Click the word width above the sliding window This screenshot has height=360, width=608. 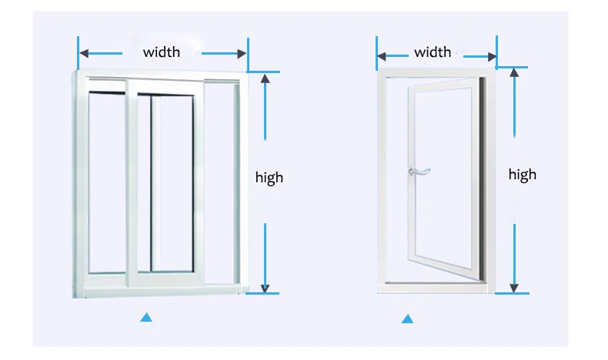162,52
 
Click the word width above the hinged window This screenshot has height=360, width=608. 433,52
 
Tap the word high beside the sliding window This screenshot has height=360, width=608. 269,178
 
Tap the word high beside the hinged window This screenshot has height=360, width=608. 522,175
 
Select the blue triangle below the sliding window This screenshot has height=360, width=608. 145,316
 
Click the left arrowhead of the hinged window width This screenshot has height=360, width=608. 382,55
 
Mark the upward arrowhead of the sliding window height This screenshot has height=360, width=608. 265,78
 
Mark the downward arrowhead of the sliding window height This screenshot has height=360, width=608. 265,288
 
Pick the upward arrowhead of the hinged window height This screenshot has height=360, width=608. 515,72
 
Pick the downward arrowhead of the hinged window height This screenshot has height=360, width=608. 515,288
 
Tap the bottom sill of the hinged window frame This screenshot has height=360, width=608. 433,289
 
